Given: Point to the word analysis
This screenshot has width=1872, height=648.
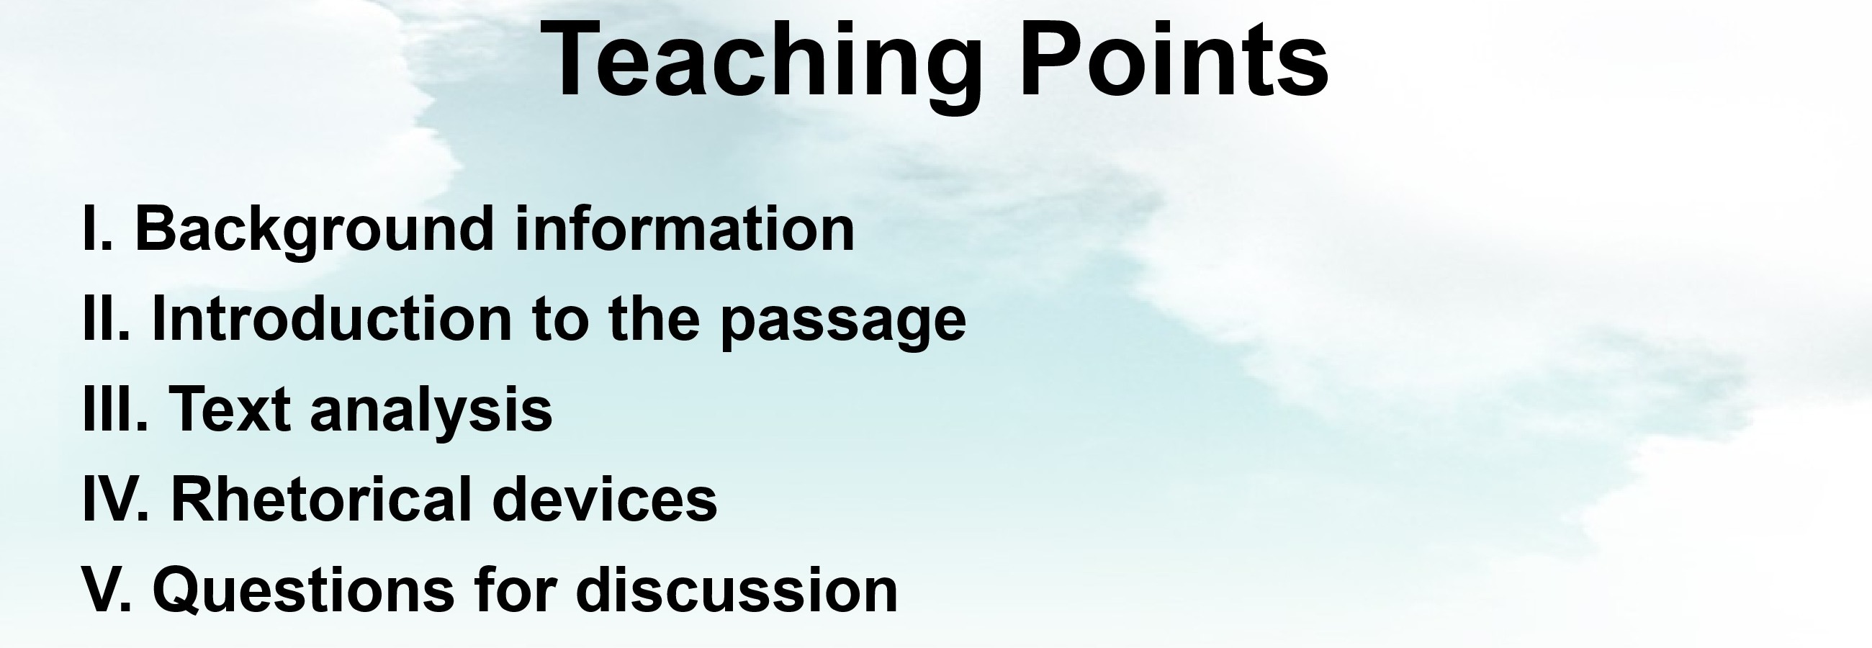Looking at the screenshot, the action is coord(431,412).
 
